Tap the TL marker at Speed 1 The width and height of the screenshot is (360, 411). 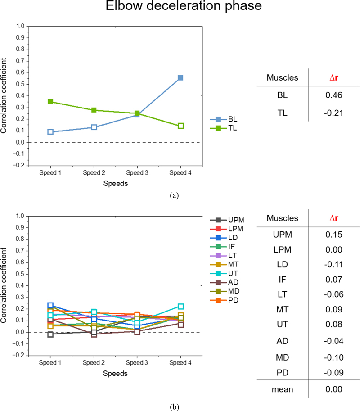click(50, 102)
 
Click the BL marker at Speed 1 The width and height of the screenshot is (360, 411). click(50, 132)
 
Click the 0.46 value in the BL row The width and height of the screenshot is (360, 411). click(333, 96)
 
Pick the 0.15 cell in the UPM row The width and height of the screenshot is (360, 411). click(333, 235)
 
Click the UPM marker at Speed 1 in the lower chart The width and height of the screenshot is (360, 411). click(50, 334)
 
